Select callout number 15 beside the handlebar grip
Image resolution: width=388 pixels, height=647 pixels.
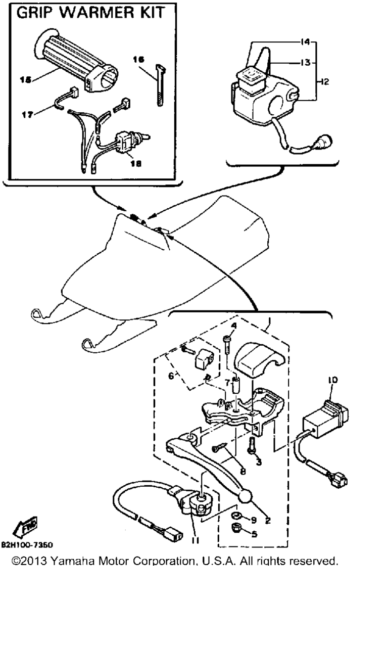click(25, 79)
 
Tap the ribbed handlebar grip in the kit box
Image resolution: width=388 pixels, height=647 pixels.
click(76, 60)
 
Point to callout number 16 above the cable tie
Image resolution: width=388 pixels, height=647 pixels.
click(138, 60)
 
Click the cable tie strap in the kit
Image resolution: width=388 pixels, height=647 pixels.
click(161, 85)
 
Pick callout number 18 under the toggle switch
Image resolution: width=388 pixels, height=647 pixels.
click(136, 163)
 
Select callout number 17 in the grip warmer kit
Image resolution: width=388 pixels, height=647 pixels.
click(28, 115)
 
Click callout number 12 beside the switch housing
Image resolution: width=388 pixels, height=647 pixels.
click(324, 82)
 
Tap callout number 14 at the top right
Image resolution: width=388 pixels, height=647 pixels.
click(305, 42)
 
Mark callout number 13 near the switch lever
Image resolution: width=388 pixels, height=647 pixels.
click(305, 62)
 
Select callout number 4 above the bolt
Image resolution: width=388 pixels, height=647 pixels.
click(233, 326)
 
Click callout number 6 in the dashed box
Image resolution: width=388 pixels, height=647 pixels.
click(171, 376)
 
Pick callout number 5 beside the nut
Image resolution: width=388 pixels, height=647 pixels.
click(254, 534)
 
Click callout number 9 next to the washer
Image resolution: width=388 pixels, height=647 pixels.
click(254, 520)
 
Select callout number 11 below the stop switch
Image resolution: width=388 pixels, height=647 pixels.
click(196, 539)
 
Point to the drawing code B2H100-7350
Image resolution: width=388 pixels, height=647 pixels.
click(27, 545)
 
